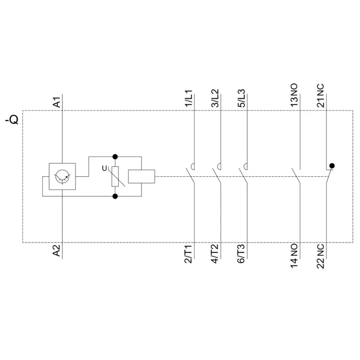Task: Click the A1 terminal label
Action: (56, 102)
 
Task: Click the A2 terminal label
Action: (56, 250)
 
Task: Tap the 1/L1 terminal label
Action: (189, 99)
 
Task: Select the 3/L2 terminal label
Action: (215, 99)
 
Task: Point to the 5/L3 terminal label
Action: (241, 99)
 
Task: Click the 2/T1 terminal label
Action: (189, 254)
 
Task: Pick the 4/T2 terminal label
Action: (215, 254)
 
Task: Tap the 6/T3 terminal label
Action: (241, 254)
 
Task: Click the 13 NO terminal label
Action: (294, 95)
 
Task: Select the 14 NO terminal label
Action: (294, 256)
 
